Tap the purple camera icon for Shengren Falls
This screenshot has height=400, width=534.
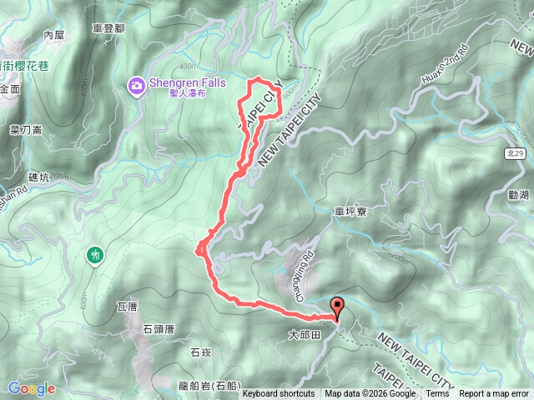point(136,84)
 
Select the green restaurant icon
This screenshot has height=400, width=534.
point(96,254)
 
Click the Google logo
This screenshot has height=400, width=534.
point(31,388)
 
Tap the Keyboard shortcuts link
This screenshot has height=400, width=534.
point(279,394)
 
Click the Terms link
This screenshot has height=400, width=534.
point(437,394)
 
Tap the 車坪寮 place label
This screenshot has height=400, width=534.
point(350,212)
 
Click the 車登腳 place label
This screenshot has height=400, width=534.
point(108,28)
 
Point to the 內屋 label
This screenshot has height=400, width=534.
point(53,35)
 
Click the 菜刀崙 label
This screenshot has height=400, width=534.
point(26,130)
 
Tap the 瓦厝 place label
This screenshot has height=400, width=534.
point(126,307)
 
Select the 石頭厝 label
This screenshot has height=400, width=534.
point(158,328)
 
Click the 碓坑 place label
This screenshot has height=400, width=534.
point(39,177)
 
